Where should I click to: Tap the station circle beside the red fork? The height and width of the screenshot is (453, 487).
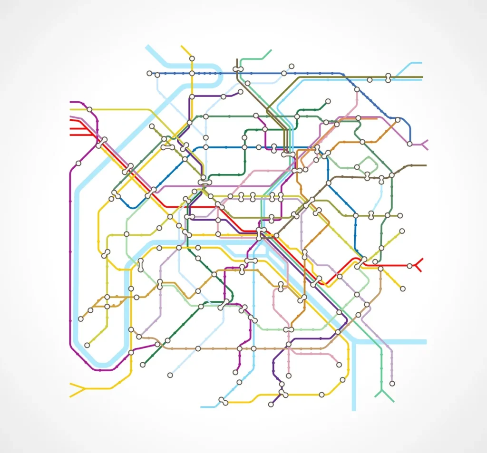409,265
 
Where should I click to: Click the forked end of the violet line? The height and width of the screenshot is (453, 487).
423,144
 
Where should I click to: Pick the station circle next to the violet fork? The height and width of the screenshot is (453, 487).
409,144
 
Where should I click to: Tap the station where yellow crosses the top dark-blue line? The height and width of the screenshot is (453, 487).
192,73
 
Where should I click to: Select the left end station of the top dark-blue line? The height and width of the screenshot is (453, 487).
149,73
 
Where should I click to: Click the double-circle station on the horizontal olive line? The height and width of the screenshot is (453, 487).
388,78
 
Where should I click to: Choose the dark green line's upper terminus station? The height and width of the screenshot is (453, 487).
328,101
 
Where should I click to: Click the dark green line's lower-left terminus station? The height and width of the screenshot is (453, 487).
143,365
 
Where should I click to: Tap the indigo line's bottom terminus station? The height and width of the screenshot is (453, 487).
271,405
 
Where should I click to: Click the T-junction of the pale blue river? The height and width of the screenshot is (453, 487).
354,341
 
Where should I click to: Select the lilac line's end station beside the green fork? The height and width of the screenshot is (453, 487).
392,383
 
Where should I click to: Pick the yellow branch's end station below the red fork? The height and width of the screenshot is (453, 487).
403,289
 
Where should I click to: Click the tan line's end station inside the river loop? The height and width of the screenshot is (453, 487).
80,318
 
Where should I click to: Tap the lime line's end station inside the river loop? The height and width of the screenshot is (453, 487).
87,345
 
